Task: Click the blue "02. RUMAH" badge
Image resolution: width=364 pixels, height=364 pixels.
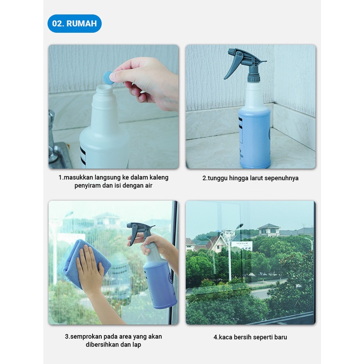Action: [75, 23]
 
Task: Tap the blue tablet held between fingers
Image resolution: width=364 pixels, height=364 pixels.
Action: [108, 78]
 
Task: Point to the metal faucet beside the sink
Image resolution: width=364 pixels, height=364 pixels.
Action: [53, 137]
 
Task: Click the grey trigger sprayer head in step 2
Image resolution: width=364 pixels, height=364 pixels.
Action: [244, 64]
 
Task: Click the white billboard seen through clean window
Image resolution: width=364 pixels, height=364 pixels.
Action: [242, 246]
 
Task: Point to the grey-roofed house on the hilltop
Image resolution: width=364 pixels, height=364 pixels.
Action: [269, 229]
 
